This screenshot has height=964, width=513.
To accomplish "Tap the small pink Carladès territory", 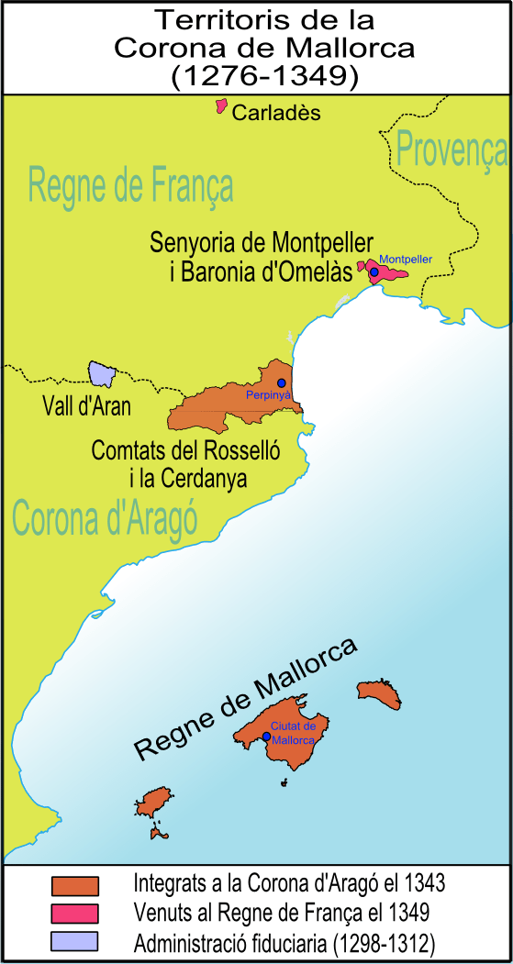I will click(220, 106).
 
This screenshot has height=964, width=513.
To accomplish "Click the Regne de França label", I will click(130, 185).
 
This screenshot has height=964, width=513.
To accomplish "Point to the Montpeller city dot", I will click(374, 271).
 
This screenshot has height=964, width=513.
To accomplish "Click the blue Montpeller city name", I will click(405, 259).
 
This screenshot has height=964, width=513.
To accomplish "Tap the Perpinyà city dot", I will click(282, 382).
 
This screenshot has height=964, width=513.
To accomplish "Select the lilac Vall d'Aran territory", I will click(100, 373).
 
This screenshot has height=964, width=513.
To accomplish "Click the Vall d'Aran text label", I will click(86, 406).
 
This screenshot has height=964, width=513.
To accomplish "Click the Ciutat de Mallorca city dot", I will click(266, 736).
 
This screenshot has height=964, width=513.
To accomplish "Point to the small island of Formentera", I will click(158, 835).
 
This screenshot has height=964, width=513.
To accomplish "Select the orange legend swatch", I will click(75, 885).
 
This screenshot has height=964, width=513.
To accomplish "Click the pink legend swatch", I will click(75, 914).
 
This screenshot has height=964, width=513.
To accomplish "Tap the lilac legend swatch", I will click(75, 942).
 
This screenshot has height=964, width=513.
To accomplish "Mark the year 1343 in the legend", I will click(424, 884).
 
